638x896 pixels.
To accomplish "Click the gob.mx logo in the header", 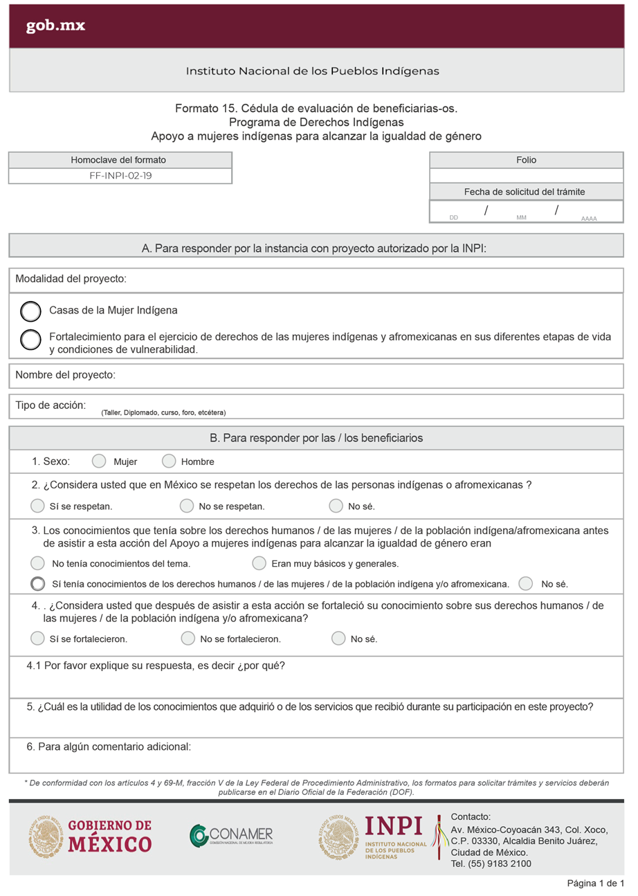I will pos(55,26).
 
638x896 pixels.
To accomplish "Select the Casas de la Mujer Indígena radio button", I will pos(30,312).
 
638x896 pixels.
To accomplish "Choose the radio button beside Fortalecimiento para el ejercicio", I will pos(30,340).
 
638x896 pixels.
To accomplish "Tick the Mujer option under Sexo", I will pos(99,461).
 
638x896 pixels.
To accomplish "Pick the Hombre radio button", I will pos(169,461).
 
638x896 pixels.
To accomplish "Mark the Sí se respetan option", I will pos(37,506).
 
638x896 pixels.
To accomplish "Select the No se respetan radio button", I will pos(186,506).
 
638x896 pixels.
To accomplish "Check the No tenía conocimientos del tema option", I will pos(39,563).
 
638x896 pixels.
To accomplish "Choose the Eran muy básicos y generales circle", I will pos(259,563).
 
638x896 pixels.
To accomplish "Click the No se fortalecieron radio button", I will pos(187,638).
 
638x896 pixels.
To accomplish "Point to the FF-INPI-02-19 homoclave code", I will pos(120,176).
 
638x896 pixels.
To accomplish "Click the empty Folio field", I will pos(526,176).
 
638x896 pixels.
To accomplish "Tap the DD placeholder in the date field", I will pos(454,218).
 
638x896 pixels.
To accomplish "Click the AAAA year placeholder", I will pos(589,219).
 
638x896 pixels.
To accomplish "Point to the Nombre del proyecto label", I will pos(65,375).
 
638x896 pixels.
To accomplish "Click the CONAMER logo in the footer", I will pos(231,835).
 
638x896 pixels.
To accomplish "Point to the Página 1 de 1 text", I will pos(596,884).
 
